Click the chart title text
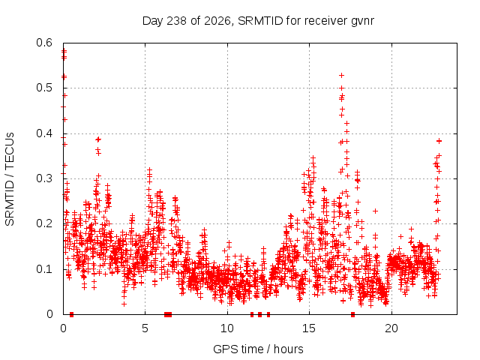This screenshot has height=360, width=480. pos(258,21)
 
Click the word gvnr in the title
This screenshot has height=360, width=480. pos(362,22)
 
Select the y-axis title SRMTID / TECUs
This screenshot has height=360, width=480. pos(10,179)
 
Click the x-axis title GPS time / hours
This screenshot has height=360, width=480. pos(258,349)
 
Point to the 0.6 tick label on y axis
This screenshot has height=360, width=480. pos(44,43)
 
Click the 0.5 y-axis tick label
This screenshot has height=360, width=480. pos(44,88)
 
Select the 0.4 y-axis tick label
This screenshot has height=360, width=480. pos(44,133)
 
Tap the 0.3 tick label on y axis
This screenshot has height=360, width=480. pos(44,178)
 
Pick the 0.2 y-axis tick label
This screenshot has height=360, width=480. pos(44,223)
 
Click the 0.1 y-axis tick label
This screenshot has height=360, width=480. pos(44,269)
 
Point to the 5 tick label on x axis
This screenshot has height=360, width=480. pos(145,328)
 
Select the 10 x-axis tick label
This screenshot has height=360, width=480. pos(227,328)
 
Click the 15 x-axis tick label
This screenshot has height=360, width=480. pos(309,328)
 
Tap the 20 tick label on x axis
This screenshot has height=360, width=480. pos(391,328)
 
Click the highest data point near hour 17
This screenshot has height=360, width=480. pos(342,75)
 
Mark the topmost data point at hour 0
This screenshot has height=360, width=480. pos(64,50)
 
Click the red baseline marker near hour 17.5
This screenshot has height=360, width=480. pos(352,314)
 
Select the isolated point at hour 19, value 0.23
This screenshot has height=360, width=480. pos(375,211)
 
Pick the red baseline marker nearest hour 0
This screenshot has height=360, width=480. pos(72,314)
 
